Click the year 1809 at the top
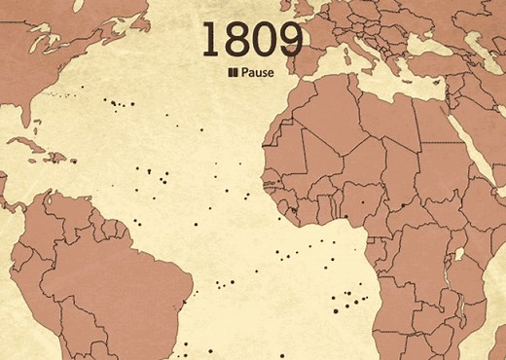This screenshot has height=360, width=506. coord(252,38)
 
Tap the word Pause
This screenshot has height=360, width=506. coord(258,72)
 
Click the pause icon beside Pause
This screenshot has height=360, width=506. coord(233,72)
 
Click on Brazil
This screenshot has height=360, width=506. coord(126,282)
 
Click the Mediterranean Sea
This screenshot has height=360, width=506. coord(389,78)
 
